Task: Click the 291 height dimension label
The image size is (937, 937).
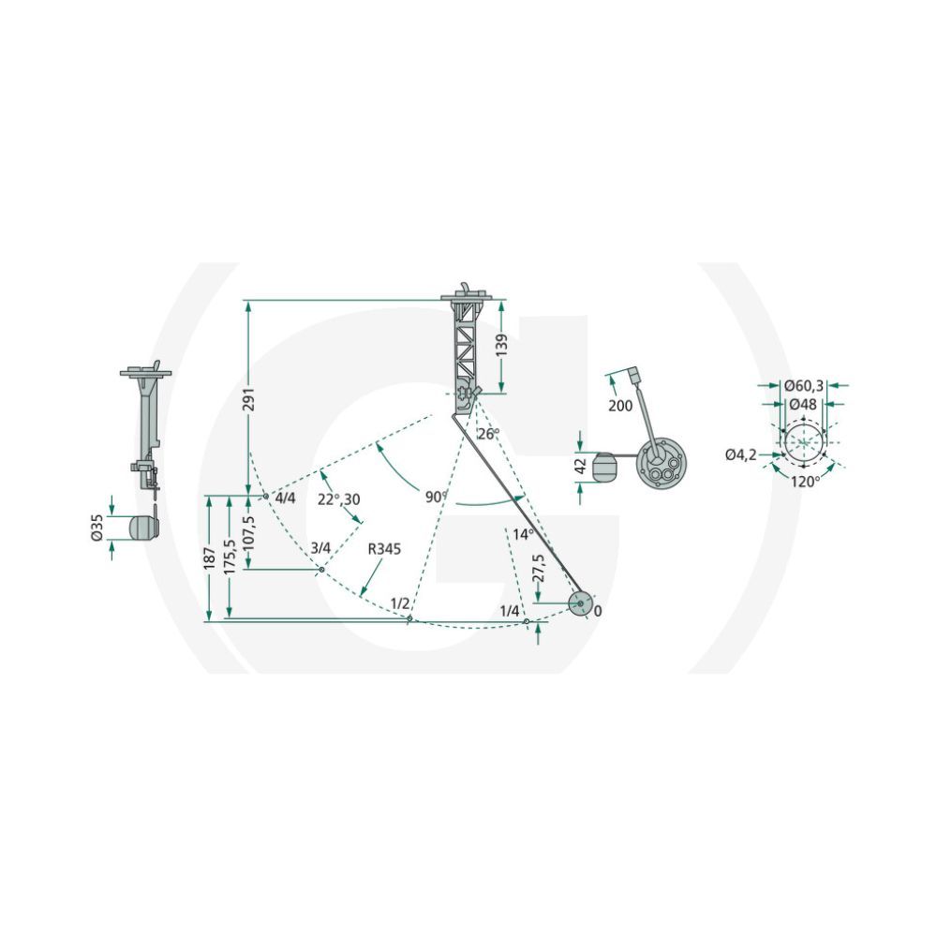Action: coord(249,400)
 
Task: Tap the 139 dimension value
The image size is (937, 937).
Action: coord(501,346)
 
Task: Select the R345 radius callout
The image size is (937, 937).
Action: coord(384,548)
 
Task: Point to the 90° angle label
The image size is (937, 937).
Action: coord(437,498)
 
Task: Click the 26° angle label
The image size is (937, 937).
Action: coord(487,434)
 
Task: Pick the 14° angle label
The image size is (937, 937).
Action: coord(522,534)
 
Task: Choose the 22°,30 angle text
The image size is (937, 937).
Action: coord(339,499)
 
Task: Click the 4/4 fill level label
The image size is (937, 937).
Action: coord(285,498)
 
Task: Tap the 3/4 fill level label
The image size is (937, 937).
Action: coord(320,547)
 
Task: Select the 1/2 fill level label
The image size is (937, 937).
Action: coord(400,602)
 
